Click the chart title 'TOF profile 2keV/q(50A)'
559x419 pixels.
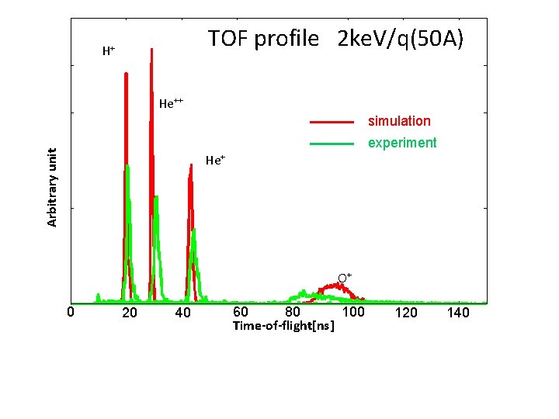(335, 39)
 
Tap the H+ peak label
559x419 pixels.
(109, 51)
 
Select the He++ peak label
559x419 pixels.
(171, 103)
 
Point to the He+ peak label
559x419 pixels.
(215, 161)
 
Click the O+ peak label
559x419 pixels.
(345, 277)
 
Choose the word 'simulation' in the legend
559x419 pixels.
(399, 121)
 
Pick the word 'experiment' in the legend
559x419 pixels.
(402, 143)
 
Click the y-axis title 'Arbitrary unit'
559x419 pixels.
(52, 188)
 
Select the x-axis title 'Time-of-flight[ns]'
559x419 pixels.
(284, 327)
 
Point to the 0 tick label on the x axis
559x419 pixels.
(70, 313)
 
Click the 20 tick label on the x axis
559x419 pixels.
(130, 313)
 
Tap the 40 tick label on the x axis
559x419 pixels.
(182, 313)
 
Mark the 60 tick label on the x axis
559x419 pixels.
(241, 312)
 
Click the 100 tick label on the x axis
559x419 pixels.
(353, 312)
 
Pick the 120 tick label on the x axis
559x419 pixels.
(406, 313)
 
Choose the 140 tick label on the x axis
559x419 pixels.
(459, 313)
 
